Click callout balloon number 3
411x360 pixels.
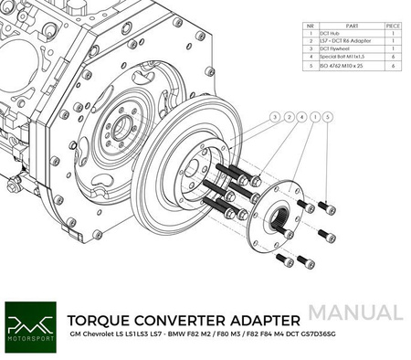pos(275,118)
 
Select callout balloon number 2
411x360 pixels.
pos(289,118)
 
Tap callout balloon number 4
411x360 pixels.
pos(301,118)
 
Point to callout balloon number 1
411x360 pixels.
pos(315,118)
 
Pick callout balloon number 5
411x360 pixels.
pos(329,118)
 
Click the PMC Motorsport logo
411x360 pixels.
pos(30,326)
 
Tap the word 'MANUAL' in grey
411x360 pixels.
pos(362,312)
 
